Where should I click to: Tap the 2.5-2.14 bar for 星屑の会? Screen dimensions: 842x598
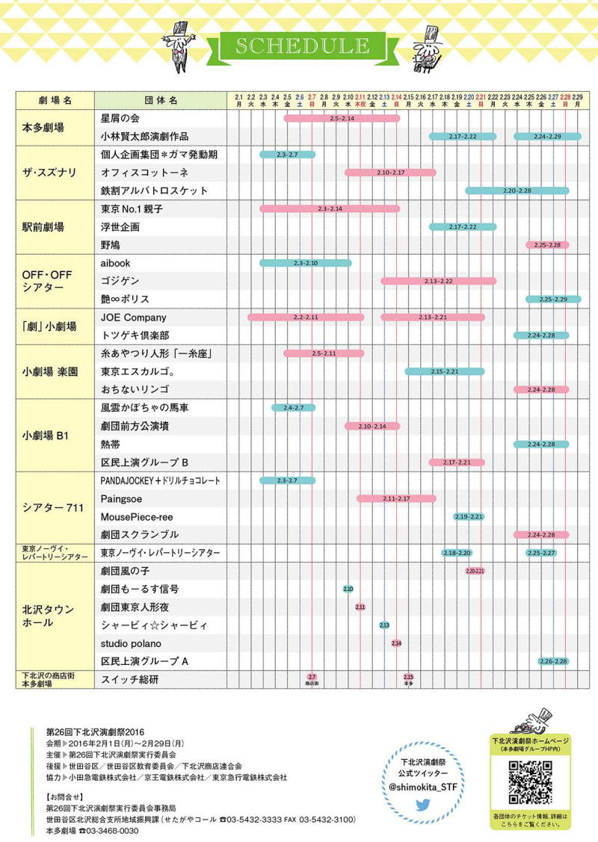342,118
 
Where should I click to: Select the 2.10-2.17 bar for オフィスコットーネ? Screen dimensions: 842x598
390,173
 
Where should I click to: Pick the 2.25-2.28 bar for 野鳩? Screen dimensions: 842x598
547,245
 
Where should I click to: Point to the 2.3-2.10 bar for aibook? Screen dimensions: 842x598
305,263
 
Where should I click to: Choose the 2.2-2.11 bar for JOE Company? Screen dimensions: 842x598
306,318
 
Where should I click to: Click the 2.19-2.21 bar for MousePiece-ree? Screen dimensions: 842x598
469,516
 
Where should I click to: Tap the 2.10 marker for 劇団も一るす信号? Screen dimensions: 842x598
348,589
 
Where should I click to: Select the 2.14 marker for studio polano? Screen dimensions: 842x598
396,643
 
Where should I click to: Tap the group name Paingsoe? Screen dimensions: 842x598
122,498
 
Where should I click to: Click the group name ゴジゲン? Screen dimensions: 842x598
120,281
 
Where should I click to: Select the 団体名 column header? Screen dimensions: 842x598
160,100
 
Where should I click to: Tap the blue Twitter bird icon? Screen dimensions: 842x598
423,805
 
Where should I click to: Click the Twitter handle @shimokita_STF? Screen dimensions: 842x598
423,787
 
